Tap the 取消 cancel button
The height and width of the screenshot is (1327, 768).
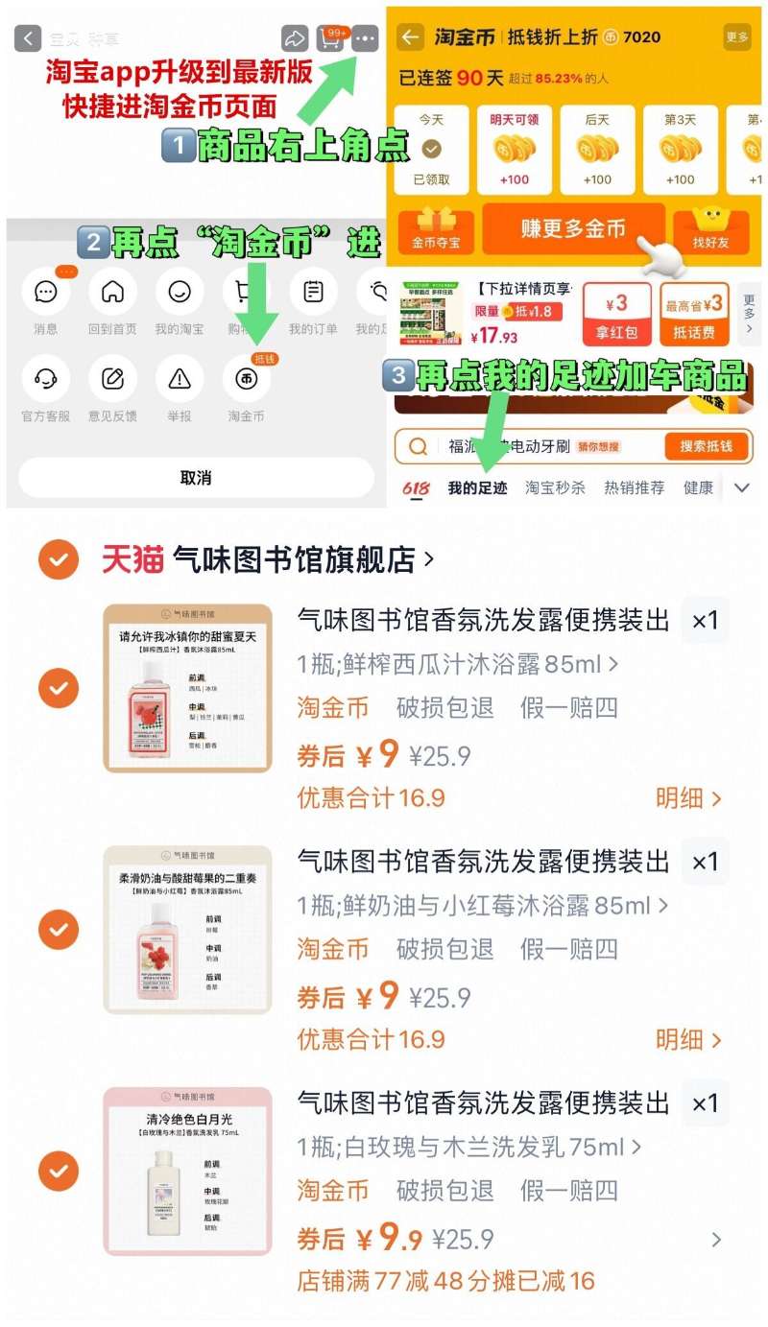click(195, 477)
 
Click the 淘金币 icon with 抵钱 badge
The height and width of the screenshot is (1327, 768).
click(247, 378)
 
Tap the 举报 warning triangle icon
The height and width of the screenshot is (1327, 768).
click(180, 378)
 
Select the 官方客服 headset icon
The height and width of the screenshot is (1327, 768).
click(45, 378)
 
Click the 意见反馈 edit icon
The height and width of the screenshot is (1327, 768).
click(112, 378)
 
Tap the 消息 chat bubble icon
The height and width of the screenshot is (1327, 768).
click(45, 292)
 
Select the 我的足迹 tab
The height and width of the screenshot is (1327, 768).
click(477, 487)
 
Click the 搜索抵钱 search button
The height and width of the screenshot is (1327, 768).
click(706, 446)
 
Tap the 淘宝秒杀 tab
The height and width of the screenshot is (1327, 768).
click(555, 487)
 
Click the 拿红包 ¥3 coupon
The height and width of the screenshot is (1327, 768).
click(617, 313)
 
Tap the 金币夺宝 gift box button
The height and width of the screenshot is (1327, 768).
click(436, 230)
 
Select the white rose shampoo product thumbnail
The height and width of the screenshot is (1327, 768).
click(188, 1170)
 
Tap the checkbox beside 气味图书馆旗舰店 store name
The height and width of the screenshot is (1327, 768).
click(59, 559)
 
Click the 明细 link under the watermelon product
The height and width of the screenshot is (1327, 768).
click(687, 797)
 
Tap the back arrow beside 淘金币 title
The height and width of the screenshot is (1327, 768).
click(411, 37)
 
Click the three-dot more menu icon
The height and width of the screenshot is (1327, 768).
click(365, 38)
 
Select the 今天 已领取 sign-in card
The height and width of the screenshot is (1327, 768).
click(432, 150)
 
